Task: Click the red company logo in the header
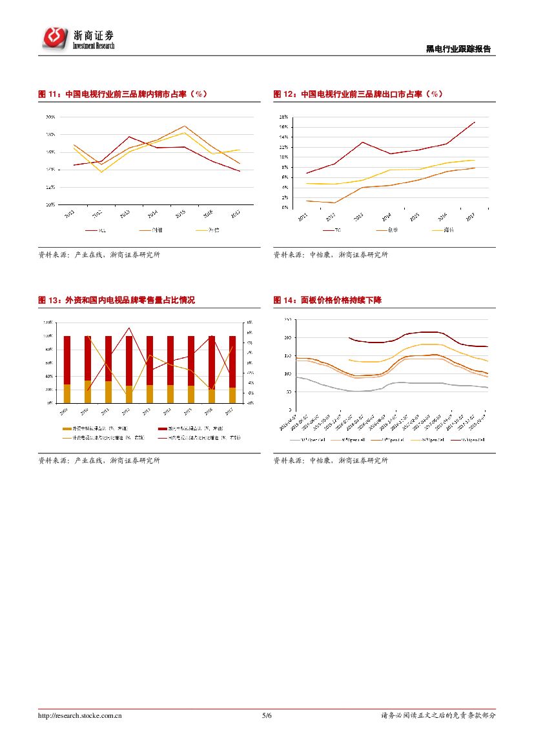[x=56, y=38]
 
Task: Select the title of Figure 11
[x=123, y=94]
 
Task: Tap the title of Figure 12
[x=358, y=94]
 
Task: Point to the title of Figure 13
[x=117, y=300]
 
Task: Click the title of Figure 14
[x=327, y=300]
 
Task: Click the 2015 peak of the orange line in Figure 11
[x=185, y=126]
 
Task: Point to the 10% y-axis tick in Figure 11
[x=50, y=204]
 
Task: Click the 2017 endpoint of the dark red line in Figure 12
[x=475, y=122]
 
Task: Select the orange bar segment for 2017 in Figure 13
[x=232, y=395]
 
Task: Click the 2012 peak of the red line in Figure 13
[x=129, y=328]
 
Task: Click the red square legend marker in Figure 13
[x=162, y=428]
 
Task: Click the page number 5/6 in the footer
[x=267, y=715]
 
